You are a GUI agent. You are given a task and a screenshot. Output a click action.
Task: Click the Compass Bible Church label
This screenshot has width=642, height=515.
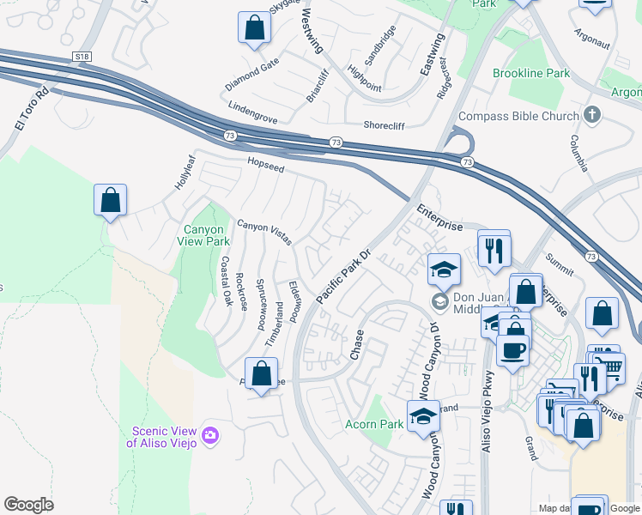[x=518, y=116]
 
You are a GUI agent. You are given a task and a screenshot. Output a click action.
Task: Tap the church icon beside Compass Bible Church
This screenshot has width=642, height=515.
[x=591, y=115]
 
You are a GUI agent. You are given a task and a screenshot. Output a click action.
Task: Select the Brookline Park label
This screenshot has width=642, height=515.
[x=531, y=74]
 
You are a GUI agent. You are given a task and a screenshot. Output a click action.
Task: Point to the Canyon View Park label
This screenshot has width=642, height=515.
[x=205, y=235]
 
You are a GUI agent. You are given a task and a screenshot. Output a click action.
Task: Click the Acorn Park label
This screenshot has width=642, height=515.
[x=374, y=424]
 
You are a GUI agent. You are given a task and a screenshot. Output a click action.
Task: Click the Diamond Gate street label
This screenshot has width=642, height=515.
[x=251, y=75]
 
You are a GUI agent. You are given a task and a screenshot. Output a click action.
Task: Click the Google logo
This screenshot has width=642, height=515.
[x=28, y=505]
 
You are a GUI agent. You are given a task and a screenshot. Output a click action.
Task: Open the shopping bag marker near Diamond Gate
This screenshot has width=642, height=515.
[x=255, y=28]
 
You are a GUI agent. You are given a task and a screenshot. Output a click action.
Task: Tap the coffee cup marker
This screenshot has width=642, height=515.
[x=512, y=350]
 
